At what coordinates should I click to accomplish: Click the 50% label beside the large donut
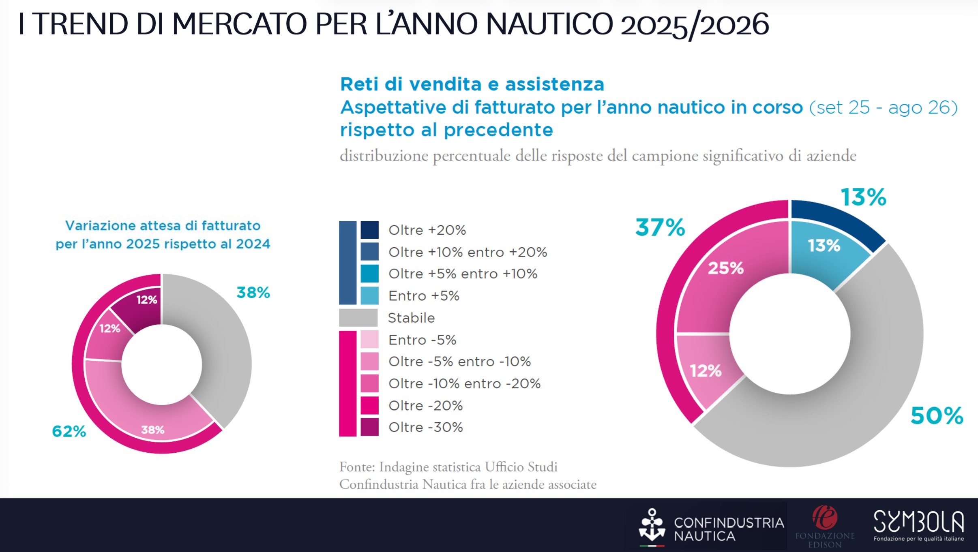point(937,416)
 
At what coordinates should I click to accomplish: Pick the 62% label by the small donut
point(69,431)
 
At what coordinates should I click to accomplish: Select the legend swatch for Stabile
point(358,318)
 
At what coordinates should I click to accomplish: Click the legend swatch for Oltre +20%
point(369,230)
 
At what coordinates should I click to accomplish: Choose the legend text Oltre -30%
point(425,427)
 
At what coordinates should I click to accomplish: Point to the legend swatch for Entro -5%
point(369,340)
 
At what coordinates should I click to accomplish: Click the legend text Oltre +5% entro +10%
point(463,274)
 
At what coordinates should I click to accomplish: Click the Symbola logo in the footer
point(918,525)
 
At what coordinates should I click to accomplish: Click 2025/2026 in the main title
point(694,24)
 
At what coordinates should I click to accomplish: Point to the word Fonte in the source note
point(357,467)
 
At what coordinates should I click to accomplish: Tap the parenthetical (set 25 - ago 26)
point(883,108)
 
